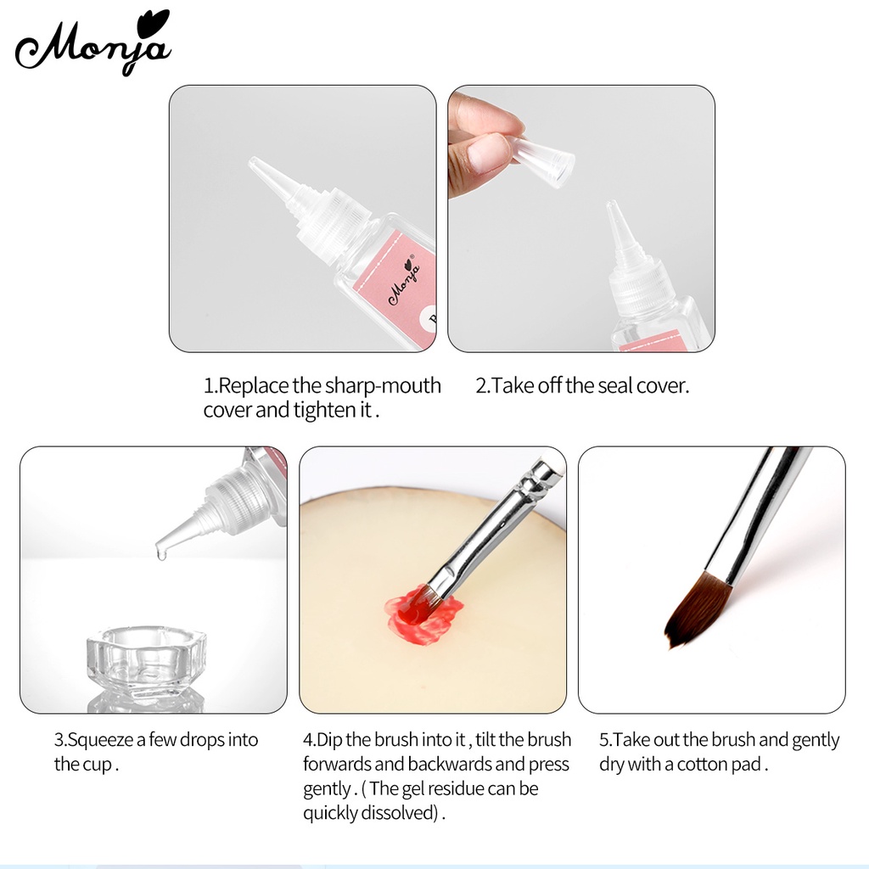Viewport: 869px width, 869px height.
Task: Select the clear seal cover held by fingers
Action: click(543, 158)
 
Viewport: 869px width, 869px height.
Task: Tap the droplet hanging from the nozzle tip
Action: click(159, 552)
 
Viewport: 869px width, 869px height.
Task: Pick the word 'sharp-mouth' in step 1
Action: click(383, 386)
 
